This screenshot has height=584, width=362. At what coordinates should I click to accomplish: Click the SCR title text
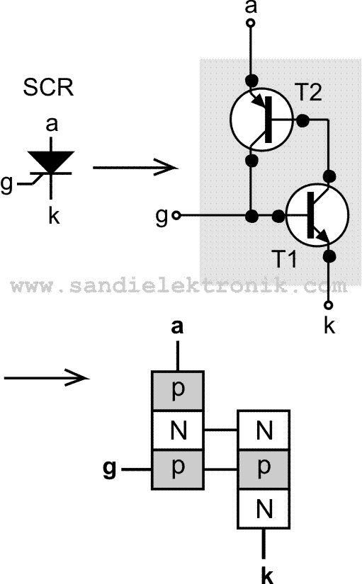coord(48,87)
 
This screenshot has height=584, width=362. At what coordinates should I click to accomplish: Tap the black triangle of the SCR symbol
coord(51,161)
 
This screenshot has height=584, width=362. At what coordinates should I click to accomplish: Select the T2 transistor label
coord(308,91)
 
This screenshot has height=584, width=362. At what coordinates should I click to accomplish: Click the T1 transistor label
coord(284,259)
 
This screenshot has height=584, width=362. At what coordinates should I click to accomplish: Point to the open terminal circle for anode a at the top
coord(251,23)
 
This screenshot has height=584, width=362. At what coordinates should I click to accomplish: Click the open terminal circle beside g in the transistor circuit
coord(176,216)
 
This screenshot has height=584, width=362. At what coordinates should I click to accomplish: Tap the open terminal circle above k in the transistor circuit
coord(329,305)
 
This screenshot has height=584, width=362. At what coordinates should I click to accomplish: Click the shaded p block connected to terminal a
coord(178,391)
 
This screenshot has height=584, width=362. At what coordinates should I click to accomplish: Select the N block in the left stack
coord(178,430)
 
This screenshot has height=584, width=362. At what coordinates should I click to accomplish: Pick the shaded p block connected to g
coord(178,469)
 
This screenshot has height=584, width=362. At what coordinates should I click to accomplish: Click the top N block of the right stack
coord(264,430)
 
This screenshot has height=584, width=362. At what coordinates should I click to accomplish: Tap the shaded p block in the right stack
coord(264,469)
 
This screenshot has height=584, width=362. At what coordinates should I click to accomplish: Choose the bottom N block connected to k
coord(264,509)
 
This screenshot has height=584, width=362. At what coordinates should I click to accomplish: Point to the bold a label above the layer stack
coord(177,327)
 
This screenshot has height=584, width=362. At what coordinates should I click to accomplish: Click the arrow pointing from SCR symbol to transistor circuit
coord(136,168)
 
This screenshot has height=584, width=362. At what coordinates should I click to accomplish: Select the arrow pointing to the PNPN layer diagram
coord(47,378)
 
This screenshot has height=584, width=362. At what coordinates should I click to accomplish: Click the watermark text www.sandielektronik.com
coord(179,286)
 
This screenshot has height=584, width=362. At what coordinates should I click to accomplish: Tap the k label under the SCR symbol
coord(54,215)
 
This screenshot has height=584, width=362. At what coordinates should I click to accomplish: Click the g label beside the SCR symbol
coord(6,184)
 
